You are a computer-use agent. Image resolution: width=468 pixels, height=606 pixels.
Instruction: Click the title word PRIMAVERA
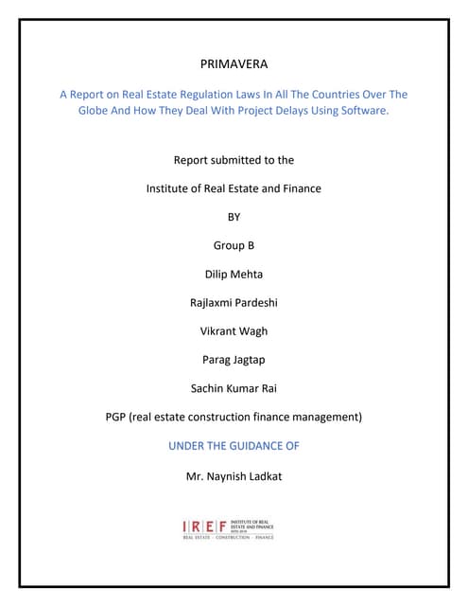pyautogui.click(x=234, y=65)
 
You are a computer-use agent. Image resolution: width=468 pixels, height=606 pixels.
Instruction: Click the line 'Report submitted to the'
pyautogui.click(x=234, y=160)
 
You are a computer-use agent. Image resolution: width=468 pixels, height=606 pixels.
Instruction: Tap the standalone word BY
pyautogui.click(x=234, y=217)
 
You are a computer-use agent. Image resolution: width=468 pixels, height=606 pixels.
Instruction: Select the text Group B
pyautogui.click(x=234, y=245)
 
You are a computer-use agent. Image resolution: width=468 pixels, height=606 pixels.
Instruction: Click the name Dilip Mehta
pyautogui.click(x=234, y=274)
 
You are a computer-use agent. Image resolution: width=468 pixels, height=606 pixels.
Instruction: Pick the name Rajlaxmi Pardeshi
pyautogui.click(x=234, y=303)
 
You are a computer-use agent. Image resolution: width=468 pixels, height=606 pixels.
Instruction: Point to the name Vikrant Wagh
pyautogui.click(x=234, y=331)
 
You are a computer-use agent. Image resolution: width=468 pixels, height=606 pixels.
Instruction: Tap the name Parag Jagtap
pyautogui.click(x=234, y=360)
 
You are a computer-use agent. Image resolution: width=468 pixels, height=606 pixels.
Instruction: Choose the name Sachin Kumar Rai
pyautogui.click(x=234, y=388)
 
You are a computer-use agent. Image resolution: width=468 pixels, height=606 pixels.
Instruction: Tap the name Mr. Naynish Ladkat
pyautogui.click(x=234, y=475)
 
